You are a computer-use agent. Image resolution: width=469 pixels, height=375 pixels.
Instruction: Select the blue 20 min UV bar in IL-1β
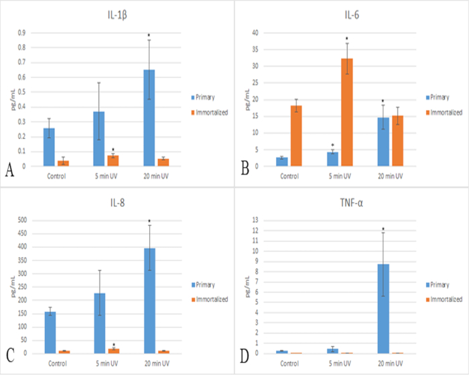[x=148, y=118]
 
